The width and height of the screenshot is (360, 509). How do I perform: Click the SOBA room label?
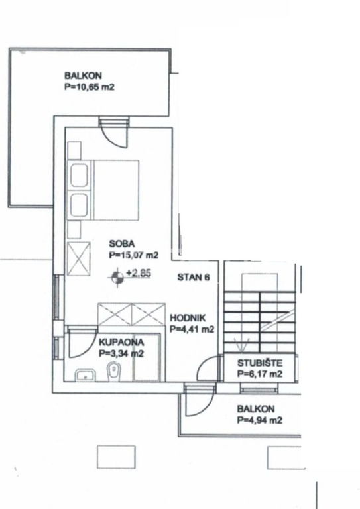tap(122, 243)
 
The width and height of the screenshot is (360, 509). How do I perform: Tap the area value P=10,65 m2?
tap(90, 87)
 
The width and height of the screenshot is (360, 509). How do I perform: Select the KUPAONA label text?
tap(121, 342)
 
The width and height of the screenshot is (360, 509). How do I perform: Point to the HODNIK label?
tap(188, 318)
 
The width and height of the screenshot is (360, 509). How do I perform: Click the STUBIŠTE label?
tap(260, 363)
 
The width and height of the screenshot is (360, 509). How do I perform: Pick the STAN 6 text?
tap(194, 277)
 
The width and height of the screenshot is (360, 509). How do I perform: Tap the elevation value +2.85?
tap(139, 273)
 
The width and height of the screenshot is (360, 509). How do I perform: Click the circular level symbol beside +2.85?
tap(117, 278)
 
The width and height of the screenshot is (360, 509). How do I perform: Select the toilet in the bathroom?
tap(113, 372)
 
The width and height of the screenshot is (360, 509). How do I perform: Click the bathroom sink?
tap(85, 375)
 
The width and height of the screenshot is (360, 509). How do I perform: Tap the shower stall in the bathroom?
tap(147, 357)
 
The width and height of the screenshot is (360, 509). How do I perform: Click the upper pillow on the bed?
tap(79, 175)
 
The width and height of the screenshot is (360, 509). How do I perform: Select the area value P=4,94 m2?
tap(260, 420)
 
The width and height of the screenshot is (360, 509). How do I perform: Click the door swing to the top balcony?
tap(114, 133)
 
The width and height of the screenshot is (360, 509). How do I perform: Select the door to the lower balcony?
tap(200, 401)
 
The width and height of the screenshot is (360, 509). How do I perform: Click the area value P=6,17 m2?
tap(260, 374)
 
